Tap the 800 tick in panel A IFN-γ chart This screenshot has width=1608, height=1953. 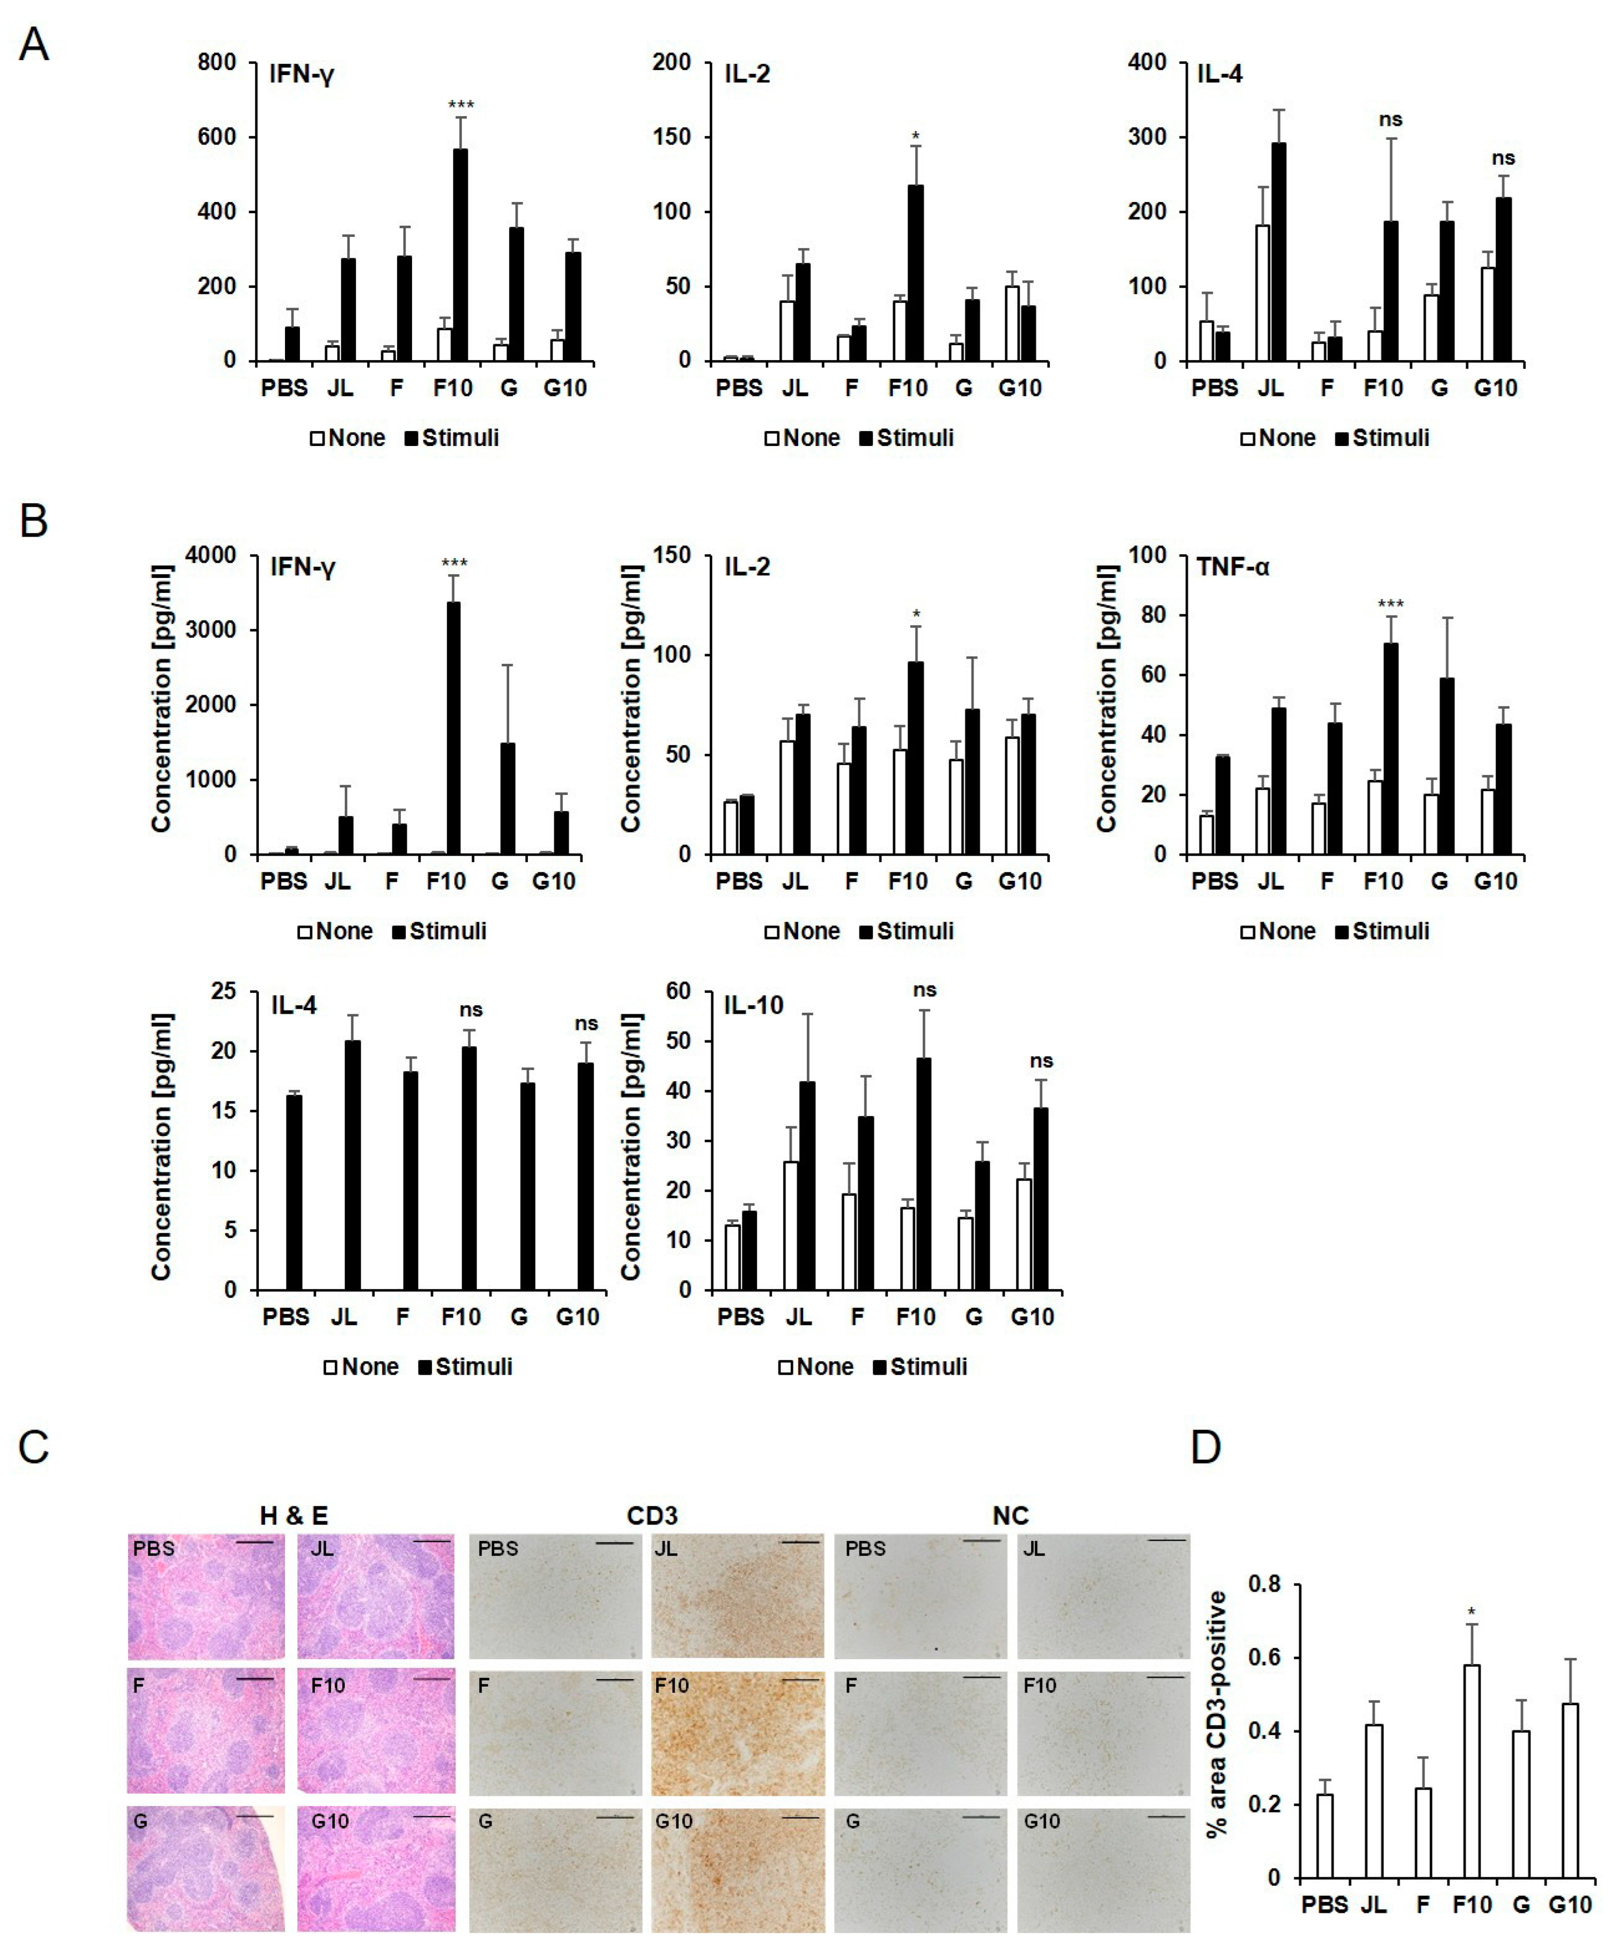pyautogui.click(x=217, y=62)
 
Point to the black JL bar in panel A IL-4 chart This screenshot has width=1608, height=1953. pyautogui.click(x=1278, y=252)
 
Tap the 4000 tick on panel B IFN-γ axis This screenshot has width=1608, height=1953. pyautogui.click(x=211, y=555)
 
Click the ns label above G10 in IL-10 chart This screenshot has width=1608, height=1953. pyautogui.click(x=1041, y=1061)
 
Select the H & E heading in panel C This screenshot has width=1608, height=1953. pyautogui.click(x=294, y=1516)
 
